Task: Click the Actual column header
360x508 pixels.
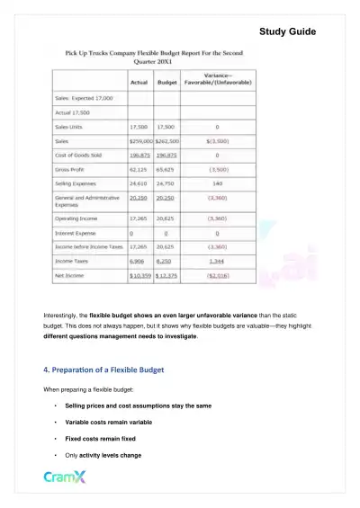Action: [x=139, y=82]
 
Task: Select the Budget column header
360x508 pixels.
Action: [x=166, y=82]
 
